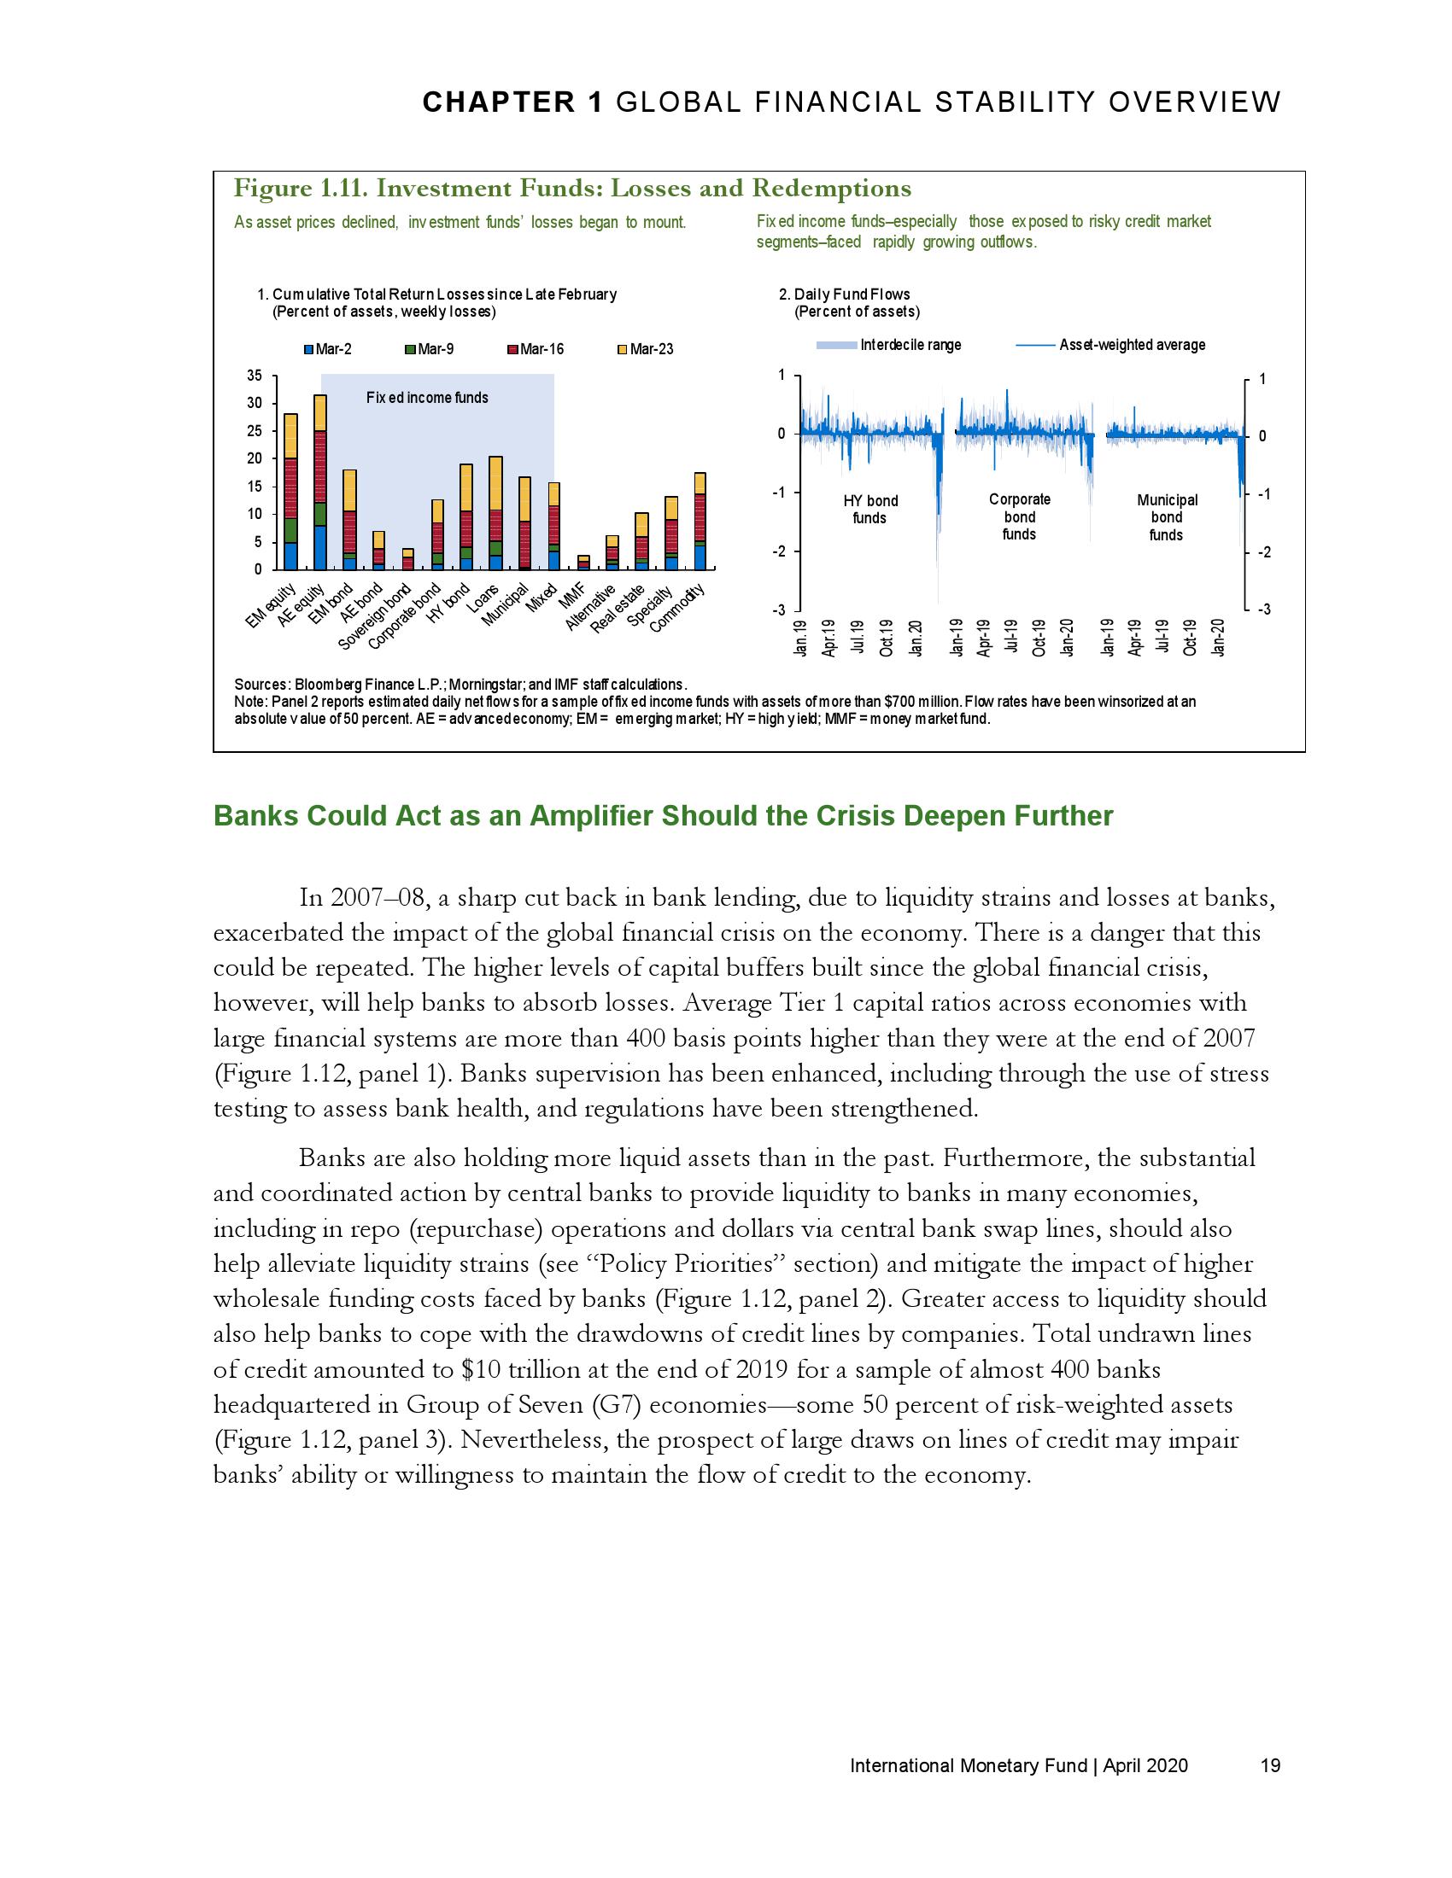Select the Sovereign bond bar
point(408,559)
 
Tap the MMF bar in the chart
point(583,563)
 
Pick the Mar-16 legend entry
point(535,349)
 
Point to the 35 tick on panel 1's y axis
point(254,376)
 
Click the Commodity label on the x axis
point(679,608)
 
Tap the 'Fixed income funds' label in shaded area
point(427,398)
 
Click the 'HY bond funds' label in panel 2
point(869,509)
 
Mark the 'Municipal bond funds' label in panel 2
point(1167,516)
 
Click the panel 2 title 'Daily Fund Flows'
point(852,295)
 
